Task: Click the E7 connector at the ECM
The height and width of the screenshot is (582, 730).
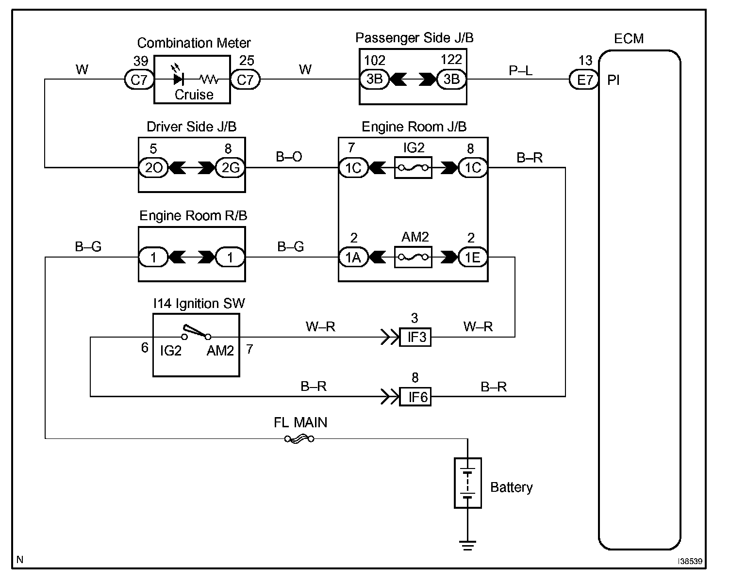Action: point(584,80)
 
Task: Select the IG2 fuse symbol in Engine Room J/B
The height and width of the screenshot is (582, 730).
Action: point(413,168)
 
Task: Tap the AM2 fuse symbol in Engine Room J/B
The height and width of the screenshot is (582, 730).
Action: point(413,257)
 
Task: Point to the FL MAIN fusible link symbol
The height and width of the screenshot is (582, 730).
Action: point(299,439)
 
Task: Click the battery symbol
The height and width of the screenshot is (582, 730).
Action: point(467,483)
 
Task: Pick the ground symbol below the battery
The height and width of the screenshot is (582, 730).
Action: point(467,545)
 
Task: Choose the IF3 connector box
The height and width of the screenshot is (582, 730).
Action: point(415,337)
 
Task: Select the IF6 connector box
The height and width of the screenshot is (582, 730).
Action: point(415,397)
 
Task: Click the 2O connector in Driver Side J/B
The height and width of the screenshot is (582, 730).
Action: point(153,168)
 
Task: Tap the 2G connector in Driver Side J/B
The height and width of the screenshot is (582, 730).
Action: point(230,168)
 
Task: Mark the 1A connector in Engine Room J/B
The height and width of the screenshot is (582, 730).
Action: point(353,257)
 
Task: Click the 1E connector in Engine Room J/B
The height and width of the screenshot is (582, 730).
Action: point(473,257)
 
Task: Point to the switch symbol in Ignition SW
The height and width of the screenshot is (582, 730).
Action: point(197,333)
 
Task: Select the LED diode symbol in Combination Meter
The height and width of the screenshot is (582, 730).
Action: point(178,79)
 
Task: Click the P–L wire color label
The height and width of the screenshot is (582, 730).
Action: point(520,71)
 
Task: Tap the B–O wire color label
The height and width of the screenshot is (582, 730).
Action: point(289,157)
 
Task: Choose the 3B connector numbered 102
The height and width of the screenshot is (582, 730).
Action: point(374,79)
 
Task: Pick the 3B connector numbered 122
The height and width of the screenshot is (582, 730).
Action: point(451,79)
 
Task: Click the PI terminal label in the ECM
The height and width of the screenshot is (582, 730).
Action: point(614,81)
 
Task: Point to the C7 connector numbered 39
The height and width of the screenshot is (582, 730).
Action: point(139,79)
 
